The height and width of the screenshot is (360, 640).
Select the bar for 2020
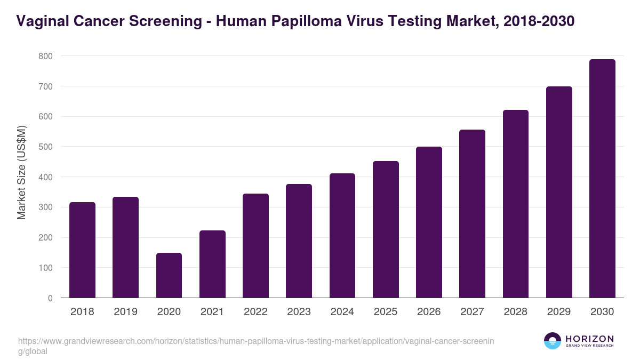(x=169, y=275)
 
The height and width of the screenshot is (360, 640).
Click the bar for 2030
(x=602, y=179)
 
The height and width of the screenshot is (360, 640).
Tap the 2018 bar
(x=82, y=250)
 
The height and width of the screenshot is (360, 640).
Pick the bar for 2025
(x=386, y=229)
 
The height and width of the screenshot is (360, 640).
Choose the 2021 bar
(x=212, y=264)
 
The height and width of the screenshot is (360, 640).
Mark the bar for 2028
(x=516, y=204)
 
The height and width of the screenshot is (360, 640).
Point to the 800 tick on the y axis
(x=46, y=56)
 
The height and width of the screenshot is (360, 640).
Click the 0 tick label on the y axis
(x=50, y=298)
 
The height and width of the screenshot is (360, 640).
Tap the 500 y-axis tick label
(x=46, y=147)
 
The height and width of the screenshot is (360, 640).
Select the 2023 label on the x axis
(x=299, y=312)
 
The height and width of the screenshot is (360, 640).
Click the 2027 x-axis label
(x=472, y=312)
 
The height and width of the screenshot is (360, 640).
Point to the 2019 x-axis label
(x=125, y=312)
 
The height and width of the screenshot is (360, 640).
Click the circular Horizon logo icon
(x=552, y=341)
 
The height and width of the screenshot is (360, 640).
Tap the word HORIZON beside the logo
(x=589, y=339)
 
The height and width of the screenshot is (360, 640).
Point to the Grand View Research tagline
(x=589, y=346)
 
